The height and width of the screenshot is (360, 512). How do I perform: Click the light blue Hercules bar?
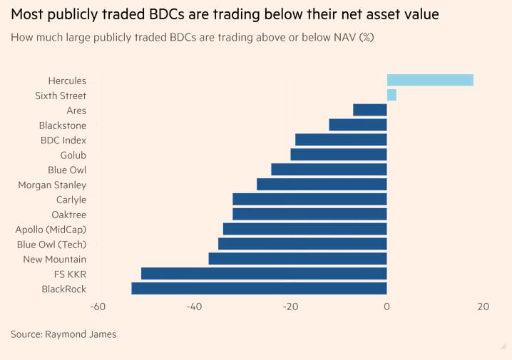(x=430, y=81)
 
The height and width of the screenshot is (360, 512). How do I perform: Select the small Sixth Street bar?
(x=391, y=96)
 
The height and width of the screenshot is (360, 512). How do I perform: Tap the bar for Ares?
(x=370, y=110)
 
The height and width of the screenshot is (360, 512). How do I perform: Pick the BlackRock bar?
(x=259, y=289)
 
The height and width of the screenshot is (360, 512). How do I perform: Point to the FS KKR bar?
(x=264, y=274)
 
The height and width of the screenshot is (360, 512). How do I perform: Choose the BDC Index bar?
(x=341, y=140)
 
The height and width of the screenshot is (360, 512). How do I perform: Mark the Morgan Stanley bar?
(x=322, y=185)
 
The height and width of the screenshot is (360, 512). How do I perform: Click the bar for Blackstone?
(x=358, y=125)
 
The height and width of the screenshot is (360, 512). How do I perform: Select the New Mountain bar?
(x=297, y=259)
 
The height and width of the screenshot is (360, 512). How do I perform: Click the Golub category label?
(x=73, y=155)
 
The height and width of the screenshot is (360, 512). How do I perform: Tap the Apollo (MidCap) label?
(x=51, y=230)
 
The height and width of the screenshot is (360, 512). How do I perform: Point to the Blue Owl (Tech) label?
(x=51, y=245)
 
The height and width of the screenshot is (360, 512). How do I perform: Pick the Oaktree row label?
(x=68, y=215)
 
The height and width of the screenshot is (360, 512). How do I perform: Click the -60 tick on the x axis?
(x=98, y=307)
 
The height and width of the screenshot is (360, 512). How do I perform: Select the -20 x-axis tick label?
(x=290, y=307)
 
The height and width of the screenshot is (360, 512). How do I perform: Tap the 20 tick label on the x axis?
(x=483, y=307)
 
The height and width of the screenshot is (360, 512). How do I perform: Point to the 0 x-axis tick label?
(x=386, y=307)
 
